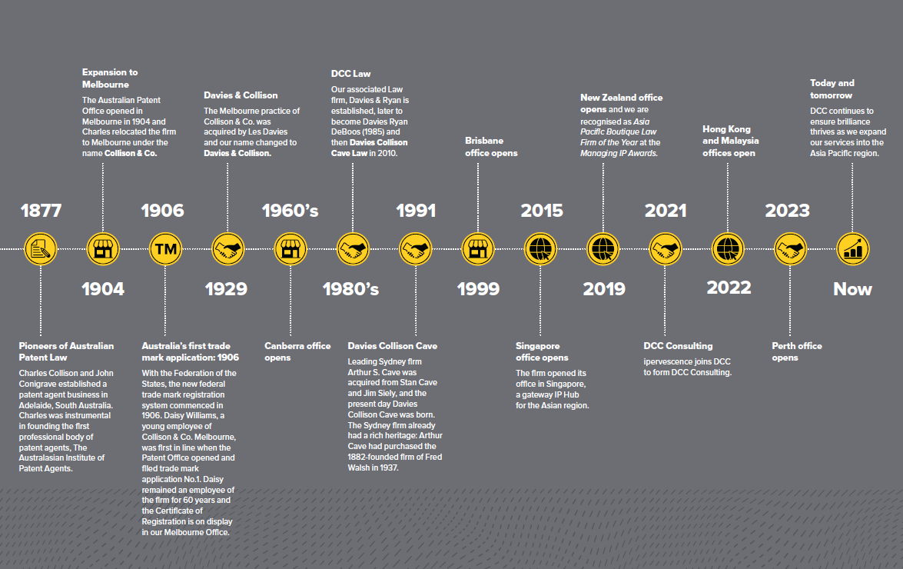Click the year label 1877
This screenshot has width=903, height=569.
click(x=41, y=211)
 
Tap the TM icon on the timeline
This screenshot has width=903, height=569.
click(x=164, y=248)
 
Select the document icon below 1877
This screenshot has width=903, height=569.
click(x=41, y=248)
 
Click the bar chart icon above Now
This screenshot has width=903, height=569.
click(x=852, y=248)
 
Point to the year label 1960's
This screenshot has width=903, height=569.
click(x=290, y=211)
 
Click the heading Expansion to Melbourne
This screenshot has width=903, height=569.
click(x=110, y=78)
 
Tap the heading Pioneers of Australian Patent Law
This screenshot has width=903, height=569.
click(x=66, y=351)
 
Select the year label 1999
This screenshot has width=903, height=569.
click(x=478, y=289)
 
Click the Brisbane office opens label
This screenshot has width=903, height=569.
click(x=491, y=147)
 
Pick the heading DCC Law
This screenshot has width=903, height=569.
click(x=350, y=74)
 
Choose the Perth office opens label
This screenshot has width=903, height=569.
click(x=797, y=351)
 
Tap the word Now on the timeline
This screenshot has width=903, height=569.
click(x=852, y=289)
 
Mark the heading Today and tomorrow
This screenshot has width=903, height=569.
click(x=832, y=89)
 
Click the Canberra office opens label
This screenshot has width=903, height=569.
click(x=297, y=351)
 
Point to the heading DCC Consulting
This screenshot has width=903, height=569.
click(x=678, y=346)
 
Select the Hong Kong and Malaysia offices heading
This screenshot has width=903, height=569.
click(x=730, y=141)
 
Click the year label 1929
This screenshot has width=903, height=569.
click(x=226, y=289)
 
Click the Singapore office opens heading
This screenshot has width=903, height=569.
click(x=542, y=351)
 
